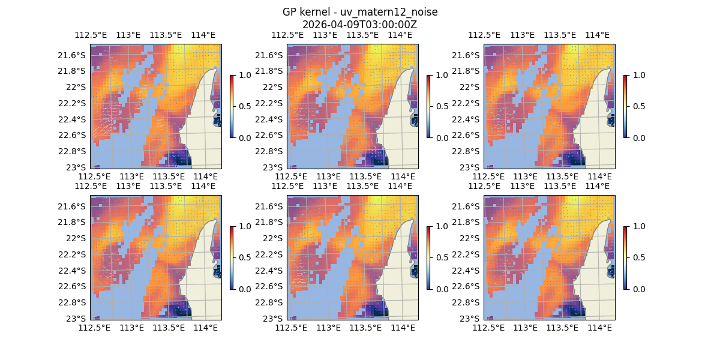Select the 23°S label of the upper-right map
(469, 167)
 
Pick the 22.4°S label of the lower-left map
(71, 271)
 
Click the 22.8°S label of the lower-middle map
(268, 302)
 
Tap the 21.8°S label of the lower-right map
(464, 222)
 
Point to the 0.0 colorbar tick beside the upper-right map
(638, 137)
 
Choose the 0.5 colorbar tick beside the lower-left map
(244, 257)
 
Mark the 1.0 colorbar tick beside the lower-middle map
(441, 226)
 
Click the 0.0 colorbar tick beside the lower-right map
(638, 289)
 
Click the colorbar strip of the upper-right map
(626, 106)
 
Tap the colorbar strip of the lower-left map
(232, 257)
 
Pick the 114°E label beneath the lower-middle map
(403, 328)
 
